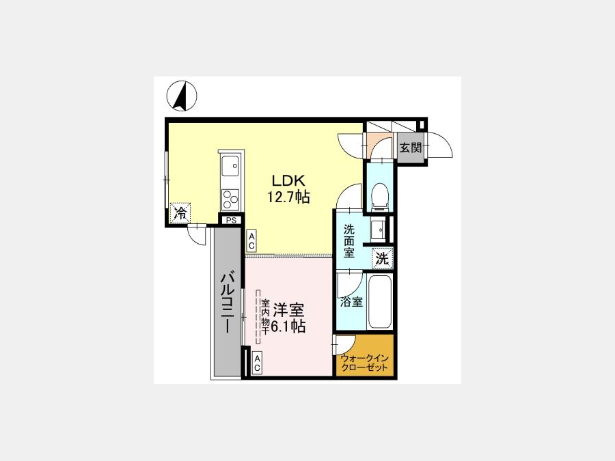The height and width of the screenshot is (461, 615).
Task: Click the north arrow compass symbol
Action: (182, 96)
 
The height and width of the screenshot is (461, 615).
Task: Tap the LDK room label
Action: (288, 180)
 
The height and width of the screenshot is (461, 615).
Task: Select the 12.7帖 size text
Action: (288, 197)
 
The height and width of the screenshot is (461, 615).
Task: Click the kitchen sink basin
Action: (231, 166)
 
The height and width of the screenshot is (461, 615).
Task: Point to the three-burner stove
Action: (231, 199)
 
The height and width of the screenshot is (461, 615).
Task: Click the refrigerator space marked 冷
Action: (180, 213)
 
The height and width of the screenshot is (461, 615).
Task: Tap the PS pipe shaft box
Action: (232, 221)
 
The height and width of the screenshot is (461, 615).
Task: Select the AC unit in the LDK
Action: (251, 240)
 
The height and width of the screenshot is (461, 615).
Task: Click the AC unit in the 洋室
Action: (257, 363)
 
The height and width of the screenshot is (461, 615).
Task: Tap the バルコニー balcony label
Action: (227, 303)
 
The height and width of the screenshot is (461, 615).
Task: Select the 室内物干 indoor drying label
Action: (265, 317)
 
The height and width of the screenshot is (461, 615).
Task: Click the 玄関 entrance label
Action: (411, 148)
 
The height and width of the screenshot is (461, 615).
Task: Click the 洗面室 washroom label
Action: (349, 240)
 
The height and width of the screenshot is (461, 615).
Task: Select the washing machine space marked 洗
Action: (382, 259)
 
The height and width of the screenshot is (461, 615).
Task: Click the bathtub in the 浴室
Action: (380, 303)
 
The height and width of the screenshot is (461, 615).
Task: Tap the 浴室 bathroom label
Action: (351, 302)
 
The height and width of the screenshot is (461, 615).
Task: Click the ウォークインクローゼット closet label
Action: (365, 363)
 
